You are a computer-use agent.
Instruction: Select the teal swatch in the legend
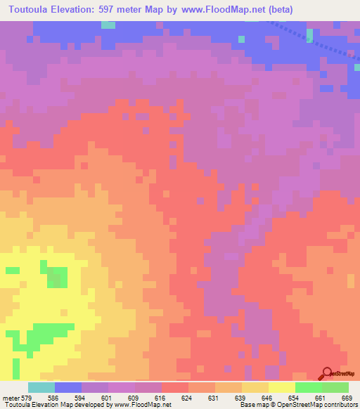[41, 387]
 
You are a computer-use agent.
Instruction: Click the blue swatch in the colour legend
[68, 387]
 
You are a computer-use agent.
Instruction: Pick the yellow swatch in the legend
[282, 387]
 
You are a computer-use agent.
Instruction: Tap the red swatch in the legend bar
[175, 387]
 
